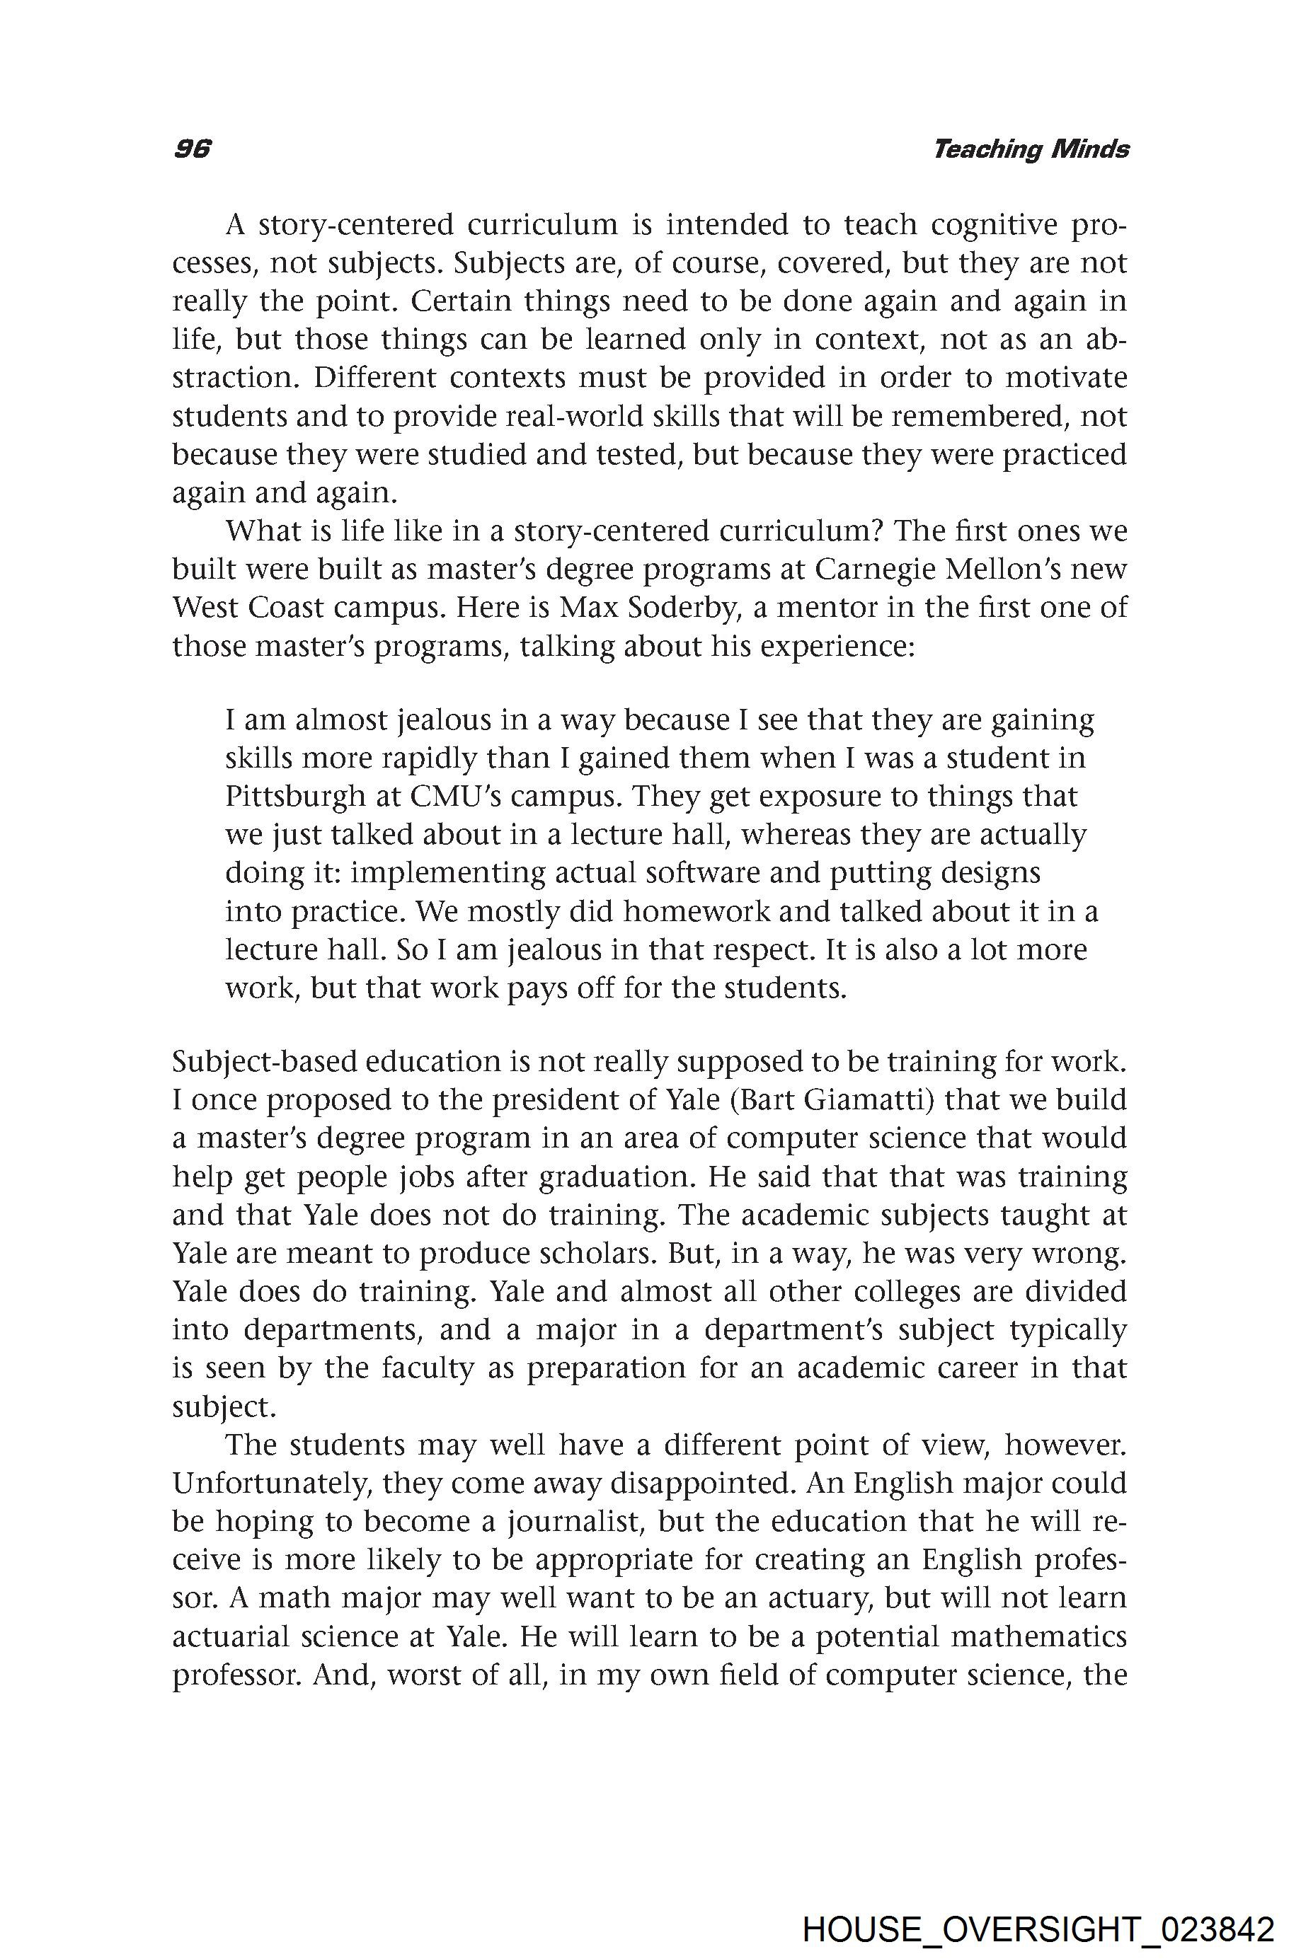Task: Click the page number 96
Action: coord(193,149)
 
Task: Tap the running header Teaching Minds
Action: coord(1031,149)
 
